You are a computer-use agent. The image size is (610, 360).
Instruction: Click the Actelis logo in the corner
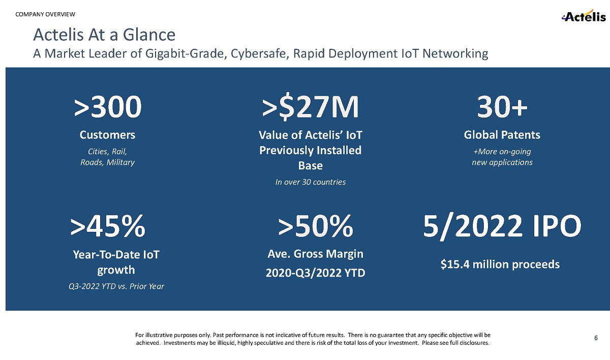[x=584, y=17]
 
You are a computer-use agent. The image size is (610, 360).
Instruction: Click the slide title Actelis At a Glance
[x=104, y=35]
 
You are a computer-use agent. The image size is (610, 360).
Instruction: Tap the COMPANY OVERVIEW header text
[x=45, y=13]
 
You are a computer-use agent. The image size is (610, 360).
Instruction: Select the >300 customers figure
[x=108, y=107]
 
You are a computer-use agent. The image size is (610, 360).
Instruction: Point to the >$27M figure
[x=311, y=107]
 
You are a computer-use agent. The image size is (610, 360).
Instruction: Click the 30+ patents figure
[x=502, y=107]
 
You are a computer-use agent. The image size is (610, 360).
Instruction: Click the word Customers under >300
[x=108, y=135]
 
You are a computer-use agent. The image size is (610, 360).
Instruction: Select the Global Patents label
[x=502, y=135]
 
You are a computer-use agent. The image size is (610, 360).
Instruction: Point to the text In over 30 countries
[x=311, y=182]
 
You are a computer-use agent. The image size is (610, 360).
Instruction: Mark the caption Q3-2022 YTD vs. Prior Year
[x=116, y=286]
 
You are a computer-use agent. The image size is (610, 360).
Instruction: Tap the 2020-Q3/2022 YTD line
[x=315, y=273]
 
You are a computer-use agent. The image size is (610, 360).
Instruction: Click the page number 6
[x=596, y=337]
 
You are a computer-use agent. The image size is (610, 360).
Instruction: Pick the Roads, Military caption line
[x=108, y=162]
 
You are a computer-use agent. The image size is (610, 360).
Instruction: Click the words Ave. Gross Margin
[x=315, y=253]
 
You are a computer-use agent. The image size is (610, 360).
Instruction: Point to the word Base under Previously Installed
[x=310, y=165]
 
